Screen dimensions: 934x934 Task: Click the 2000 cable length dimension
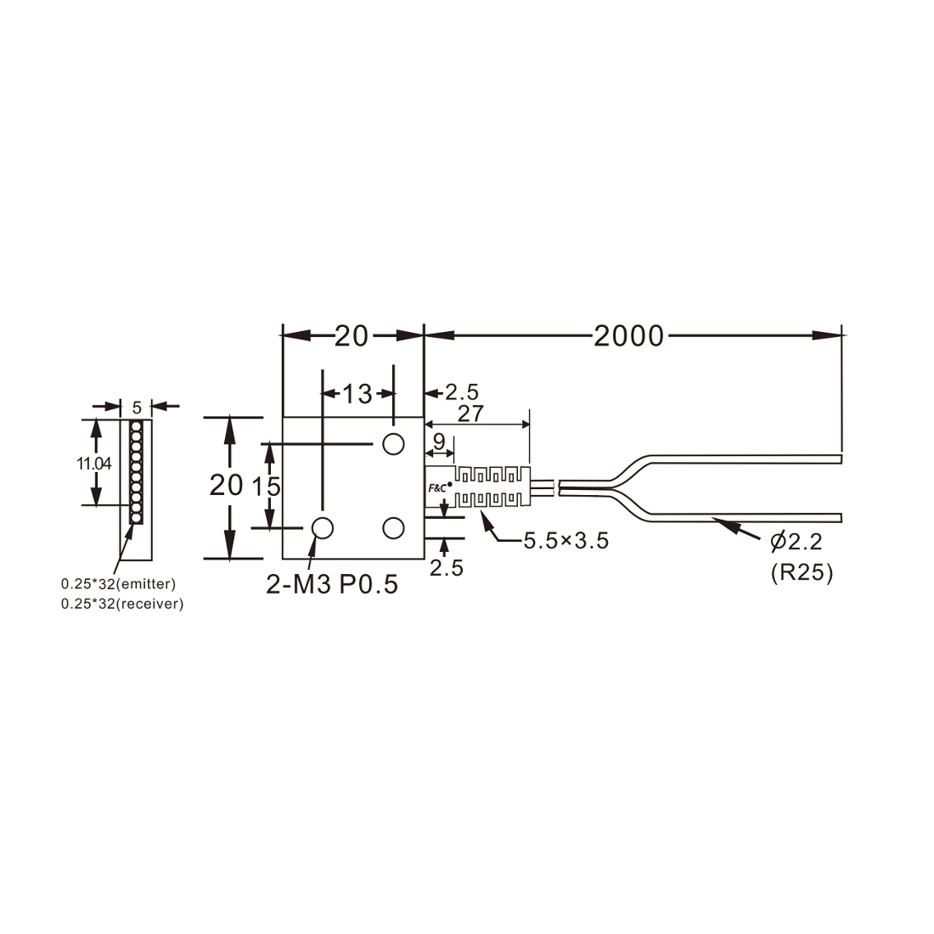[628, 336]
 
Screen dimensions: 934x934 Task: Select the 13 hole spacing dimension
[357, 394]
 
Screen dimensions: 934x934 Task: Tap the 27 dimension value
[470, 414]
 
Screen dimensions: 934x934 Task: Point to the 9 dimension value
[439, 442]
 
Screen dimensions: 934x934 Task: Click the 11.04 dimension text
[93, 464]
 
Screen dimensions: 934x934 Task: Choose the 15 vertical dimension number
[266, 487]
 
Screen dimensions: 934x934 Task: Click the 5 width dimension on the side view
[137, 408]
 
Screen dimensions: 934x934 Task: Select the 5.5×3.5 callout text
[565, 541]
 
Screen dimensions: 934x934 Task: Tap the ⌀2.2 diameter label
[796, 542]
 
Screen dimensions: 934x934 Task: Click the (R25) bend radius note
[802, 572]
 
